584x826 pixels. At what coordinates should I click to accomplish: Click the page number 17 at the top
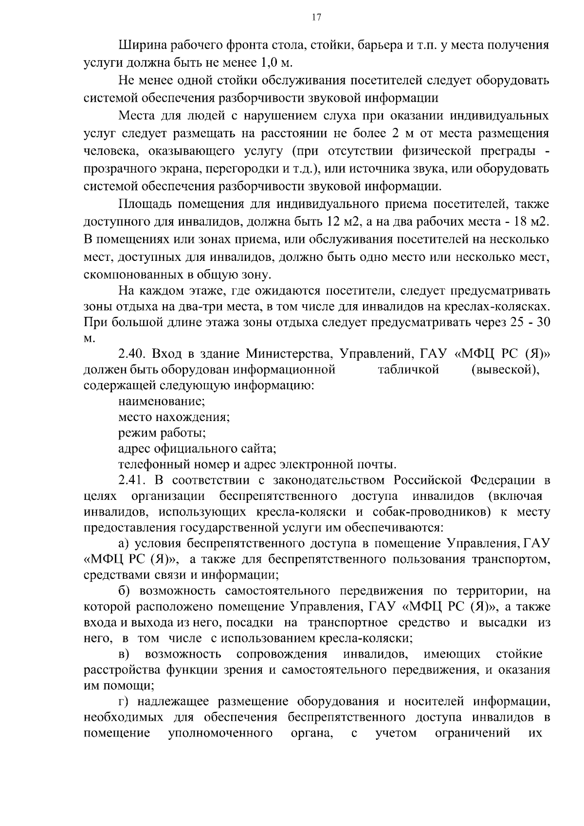(316, 18)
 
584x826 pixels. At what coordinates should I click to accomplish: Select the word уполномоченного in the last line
(220, 733)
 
